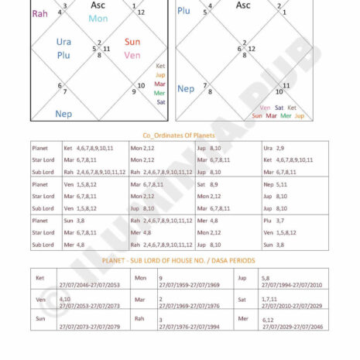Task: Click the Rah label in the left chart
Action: (x=39, y=13)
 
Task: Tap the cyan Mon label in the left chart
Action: (x=98, y=19)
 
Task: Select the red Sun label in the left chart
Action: (x=132, y=42)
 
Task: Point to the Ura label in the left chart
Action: (x=64, y=42)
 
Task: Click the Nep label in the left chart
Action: (x=63, y=113)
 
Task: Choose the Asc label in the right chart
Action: (x=242, y=5)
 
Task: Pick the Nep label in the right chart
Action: (x=186, y=88)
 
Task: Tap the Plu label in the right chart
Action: (x=183, y=11)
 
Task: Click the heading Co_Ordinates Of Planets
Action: (x=179, y=134)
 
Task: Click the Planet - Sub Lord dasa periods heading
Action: (x=179, y=261)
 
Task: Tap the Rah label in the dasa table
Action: (x=140, y=318)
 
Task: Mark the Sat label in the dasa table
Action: (x=242, y=298)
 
